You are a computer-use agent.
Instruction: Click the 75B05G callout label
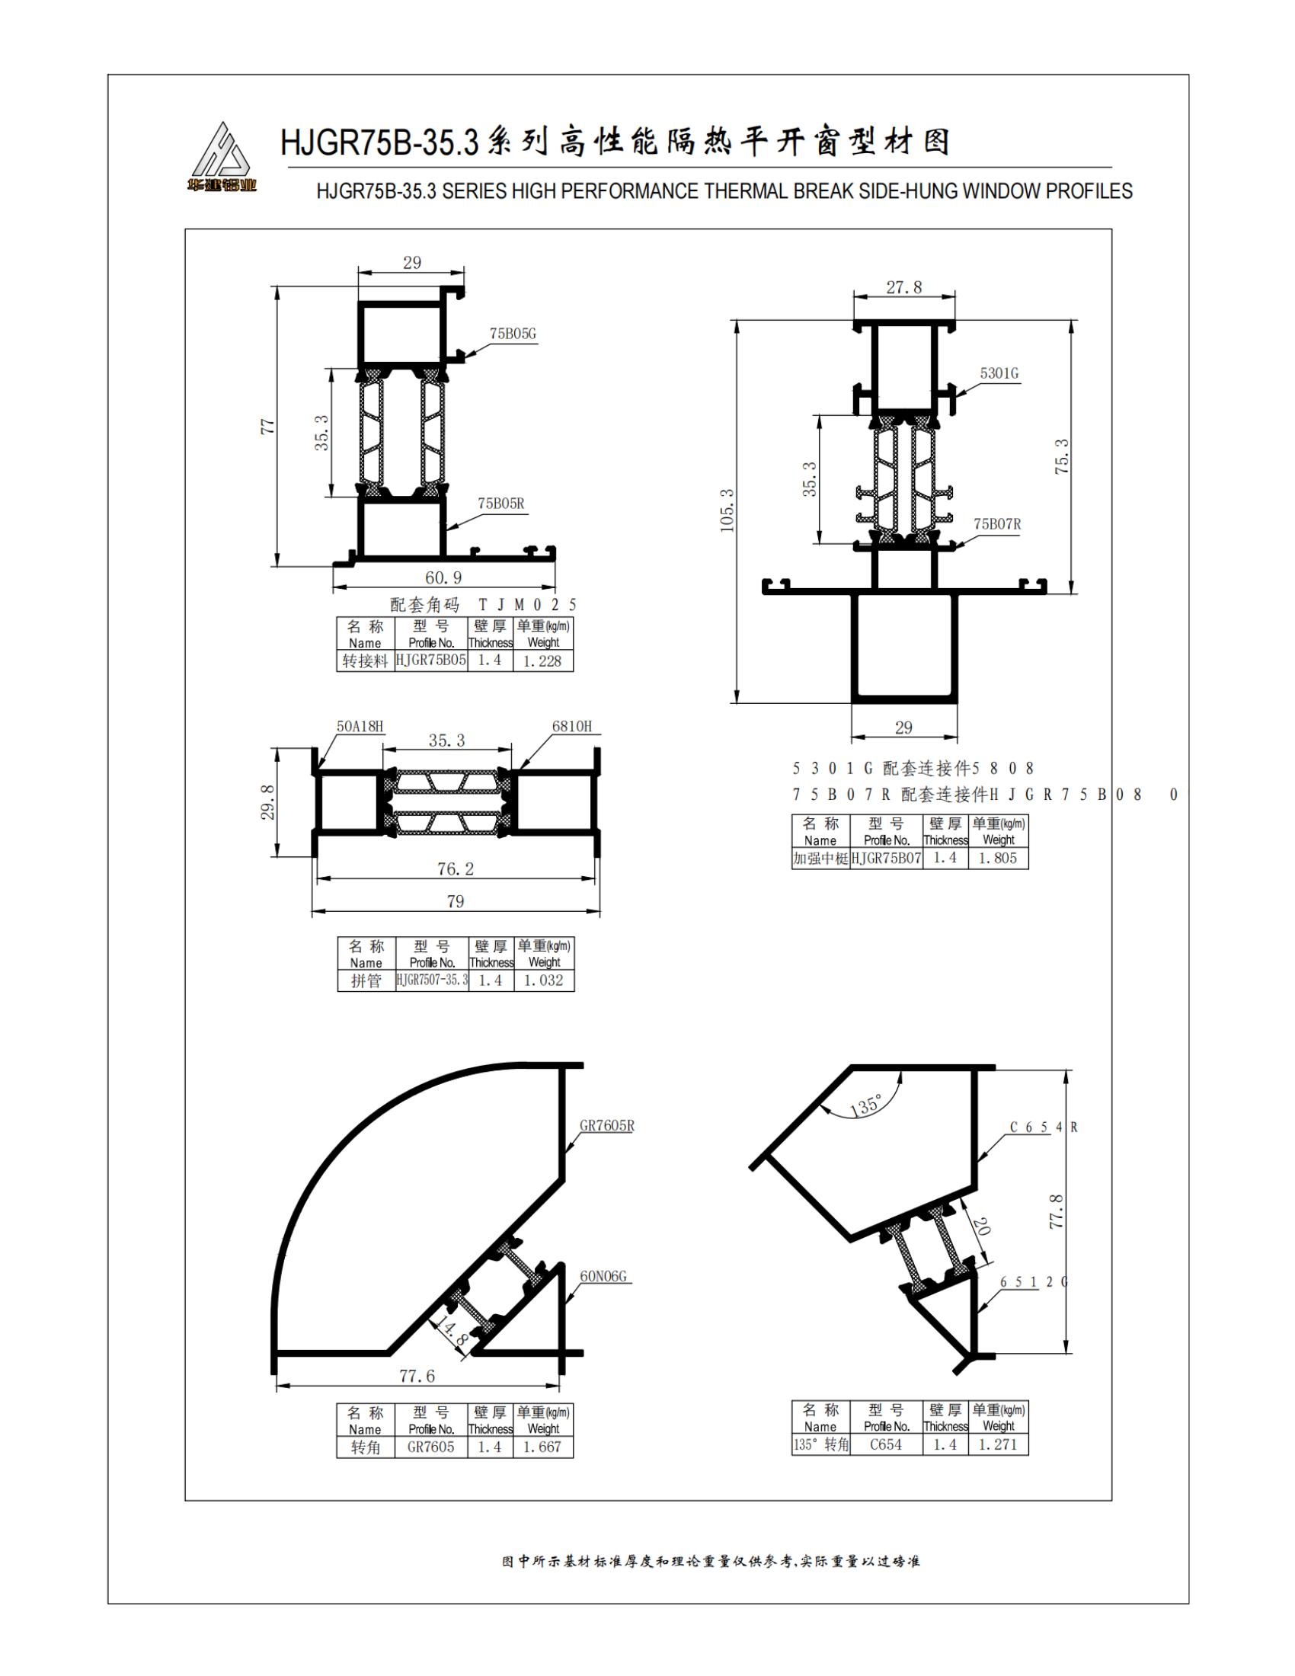pos(513,334)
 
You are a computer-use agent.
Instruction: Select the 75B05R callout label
pos(501,504)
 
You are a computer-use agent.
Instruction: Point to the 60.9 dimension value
pos(443,577)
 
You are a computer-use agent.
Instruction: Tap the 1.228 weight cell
pos(542,660)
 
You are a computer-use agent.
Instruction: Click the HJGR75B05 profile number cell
pos(431,660)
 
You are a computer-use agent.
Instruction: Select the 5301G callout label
pos(999,374)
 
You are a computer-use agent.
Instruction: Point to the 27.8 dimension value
pos(903,288)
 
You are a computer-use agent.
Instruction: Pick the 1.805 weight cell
pos(997,858)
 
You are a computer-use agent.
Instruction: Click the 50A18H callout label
pos(360,726)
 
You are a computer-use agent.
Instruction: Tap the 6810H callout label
pos(571,726)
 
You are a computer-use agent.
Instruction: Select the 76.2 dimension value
pos(456,868)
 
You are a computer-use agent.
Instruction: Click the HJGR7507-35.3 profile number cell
pos(432,980)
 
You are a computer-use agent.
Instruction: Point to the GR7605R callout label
pos(607,1126)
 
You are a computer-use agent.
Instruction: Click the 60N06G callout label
pos(603,1276)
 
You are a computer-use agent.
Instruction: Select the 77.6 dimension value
pos(417,1376)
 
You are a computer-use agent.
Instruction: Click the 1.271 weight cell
pos(997,1444)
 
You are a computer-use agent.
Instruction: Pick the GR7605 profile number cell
pos(431,1447)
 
